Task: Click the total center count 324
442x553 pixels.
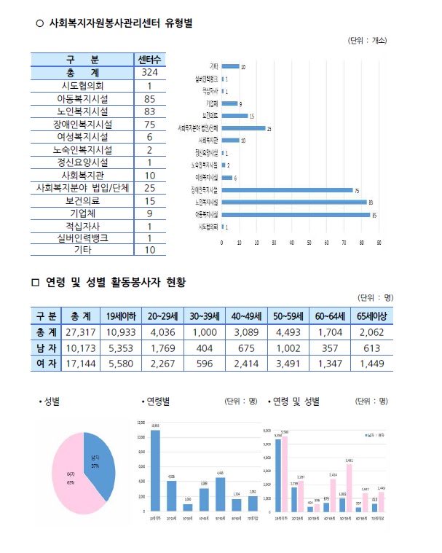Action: [149, 73]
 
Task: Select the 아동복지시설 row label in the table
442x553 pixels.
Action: [82, 98]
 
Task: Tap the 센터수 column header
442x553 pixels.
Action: [149, 59]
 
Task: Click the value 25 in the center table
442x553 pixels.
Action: [149, 187]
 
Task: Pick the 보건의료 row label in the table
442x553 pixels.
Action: [82, 200]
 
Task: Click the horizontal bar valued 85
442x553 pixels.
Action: [295, 215]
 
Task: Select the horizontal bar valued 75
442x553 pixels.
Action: [286, 190]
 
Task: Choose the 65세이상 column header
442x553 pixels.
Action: [371, 315]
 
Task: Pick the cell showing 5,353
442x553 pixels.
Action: [122, 348]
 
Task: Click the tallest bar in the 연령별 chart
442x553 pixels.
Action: [155, 471]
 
